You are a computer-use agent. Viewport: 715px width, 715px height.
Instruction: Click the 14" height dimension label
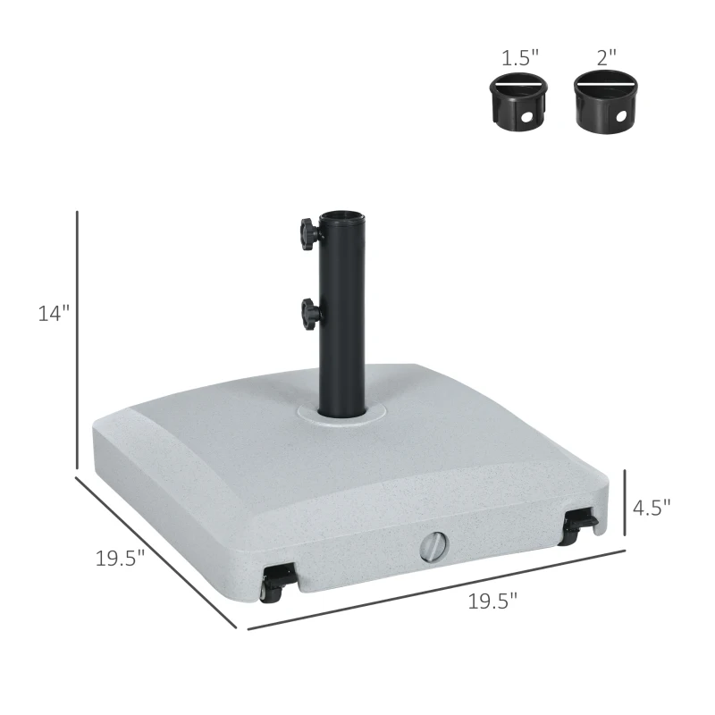53,314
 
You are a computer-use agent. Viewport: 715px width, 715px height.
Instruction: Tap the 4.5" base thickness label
651,507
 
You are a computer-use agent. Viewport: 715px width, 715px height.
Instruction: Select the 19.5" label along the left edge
120,559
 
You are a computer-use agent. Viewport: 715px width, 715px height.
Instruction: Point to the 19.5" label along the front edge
492,601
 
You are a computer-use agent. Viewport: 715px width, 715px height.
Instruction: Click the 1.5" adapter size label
518,58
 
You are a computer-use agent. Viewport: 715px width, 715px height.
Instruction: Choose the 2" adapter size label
607,58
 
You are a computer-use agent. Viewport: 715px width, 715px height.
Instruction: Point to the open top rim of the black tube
342,217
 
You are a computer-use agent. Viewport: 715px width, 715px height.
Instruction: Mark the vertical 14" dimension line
78,340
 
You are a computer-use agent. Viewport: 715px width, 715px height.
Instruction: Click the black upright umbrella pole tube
342,322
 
